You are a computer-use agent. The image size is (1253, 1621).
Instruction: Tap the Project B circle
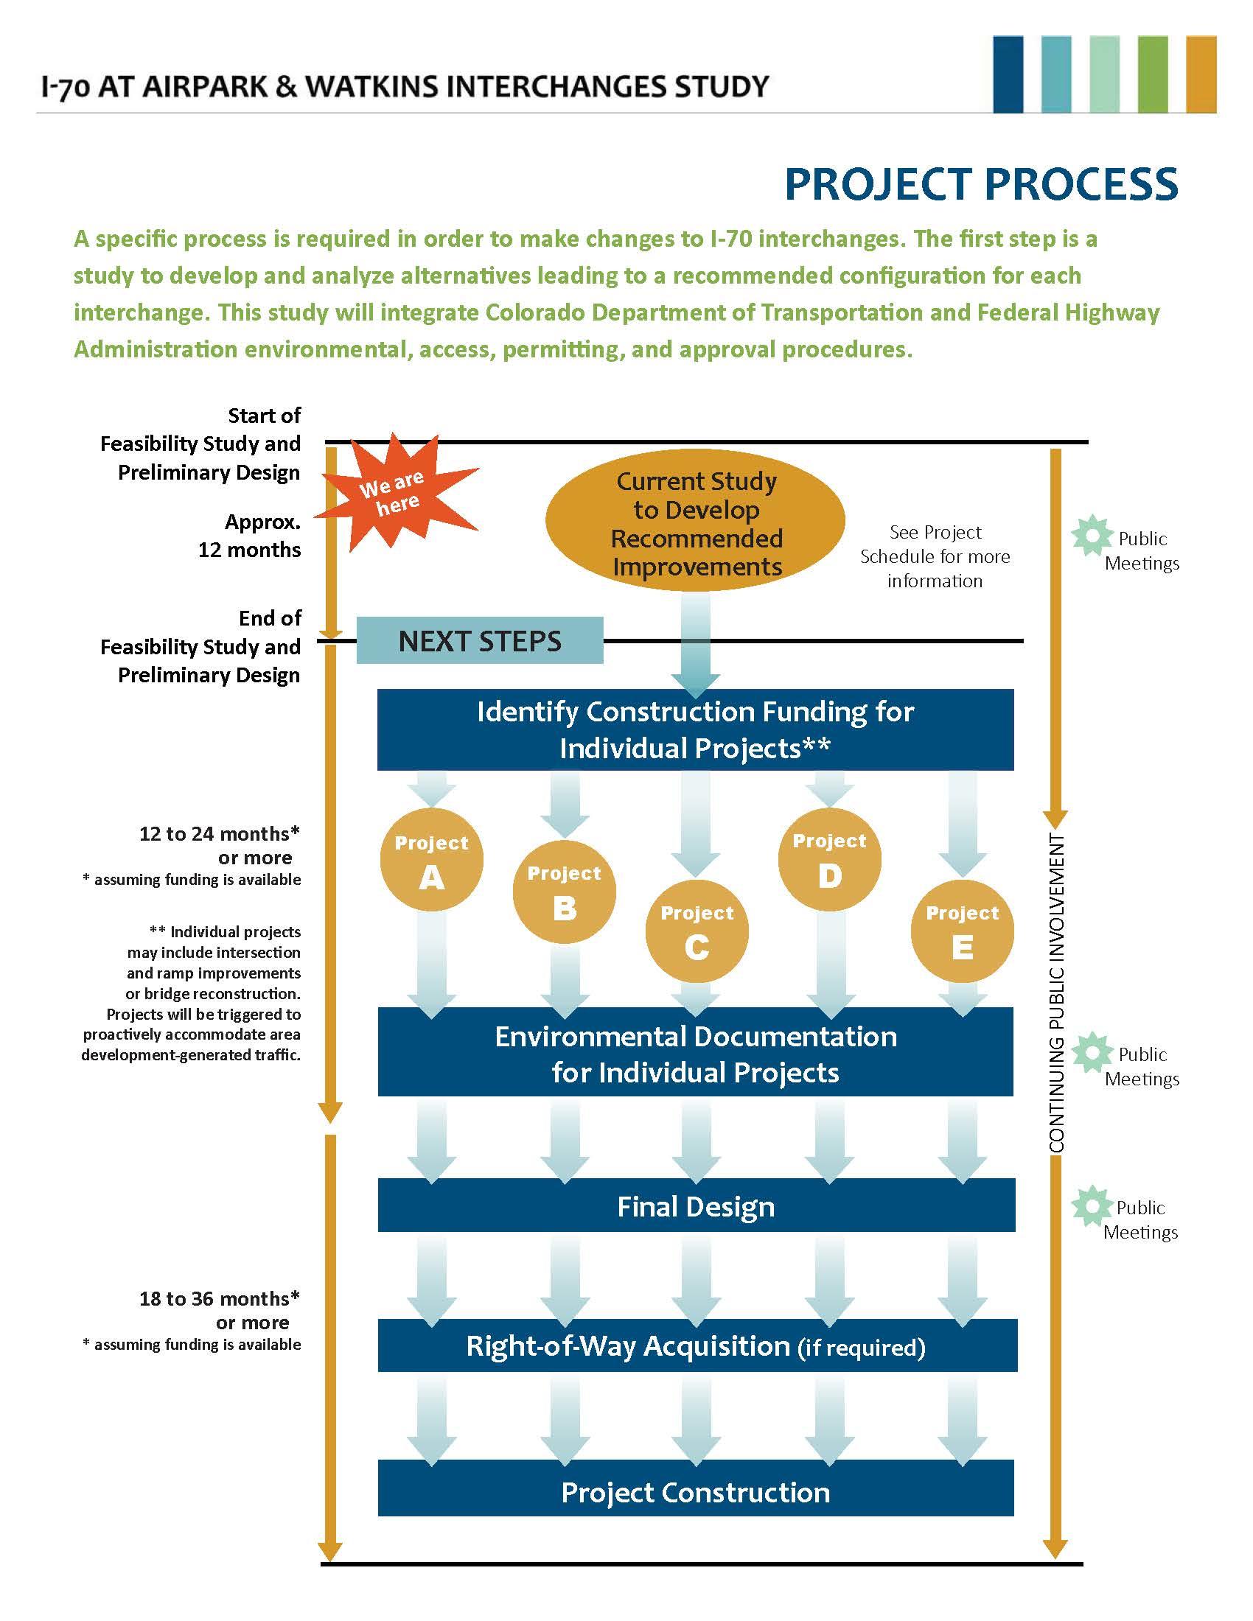pos(564,892)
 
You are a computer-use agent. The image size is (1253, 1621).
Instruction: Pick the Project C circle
pos(697,931)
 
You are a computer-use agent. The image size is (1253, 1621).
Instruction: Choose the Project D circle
pos(829,859)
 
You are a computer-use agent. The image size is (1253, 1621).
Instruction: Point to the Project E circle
pos(962,931)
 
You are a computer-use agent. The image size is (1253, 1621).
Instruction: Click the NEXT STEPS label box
pos(480,640)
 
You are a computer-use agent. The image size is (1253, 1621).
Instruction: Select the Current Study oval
pos(696,524)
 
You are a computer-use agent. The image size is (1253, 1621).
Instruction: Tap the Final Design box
pos(696,1207)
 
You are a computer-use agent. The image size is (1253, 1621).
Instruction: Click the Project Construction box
pos(696,1492)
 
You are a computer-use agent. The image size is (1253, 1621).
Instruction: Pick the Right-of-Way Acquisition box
pos(696,1346)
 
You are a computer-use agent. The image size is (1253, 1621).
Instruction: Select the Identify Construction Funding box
pos(696,729)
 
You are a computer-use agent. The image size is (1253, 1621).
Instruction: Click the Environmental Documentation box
pos(696,1054)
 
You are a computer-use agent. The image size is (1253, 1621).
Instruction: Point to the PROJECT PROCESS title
pos(980,184)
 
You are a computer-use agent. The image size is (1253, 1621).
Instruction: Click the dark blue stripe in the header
pos(1008,75)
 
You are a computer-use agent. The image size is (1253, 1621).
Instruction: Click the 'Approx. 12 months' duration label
pos(249,536)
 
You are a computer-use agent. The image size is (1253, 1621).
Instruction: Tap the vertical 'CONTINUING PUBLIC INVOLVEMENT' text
pos(1057,994)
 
